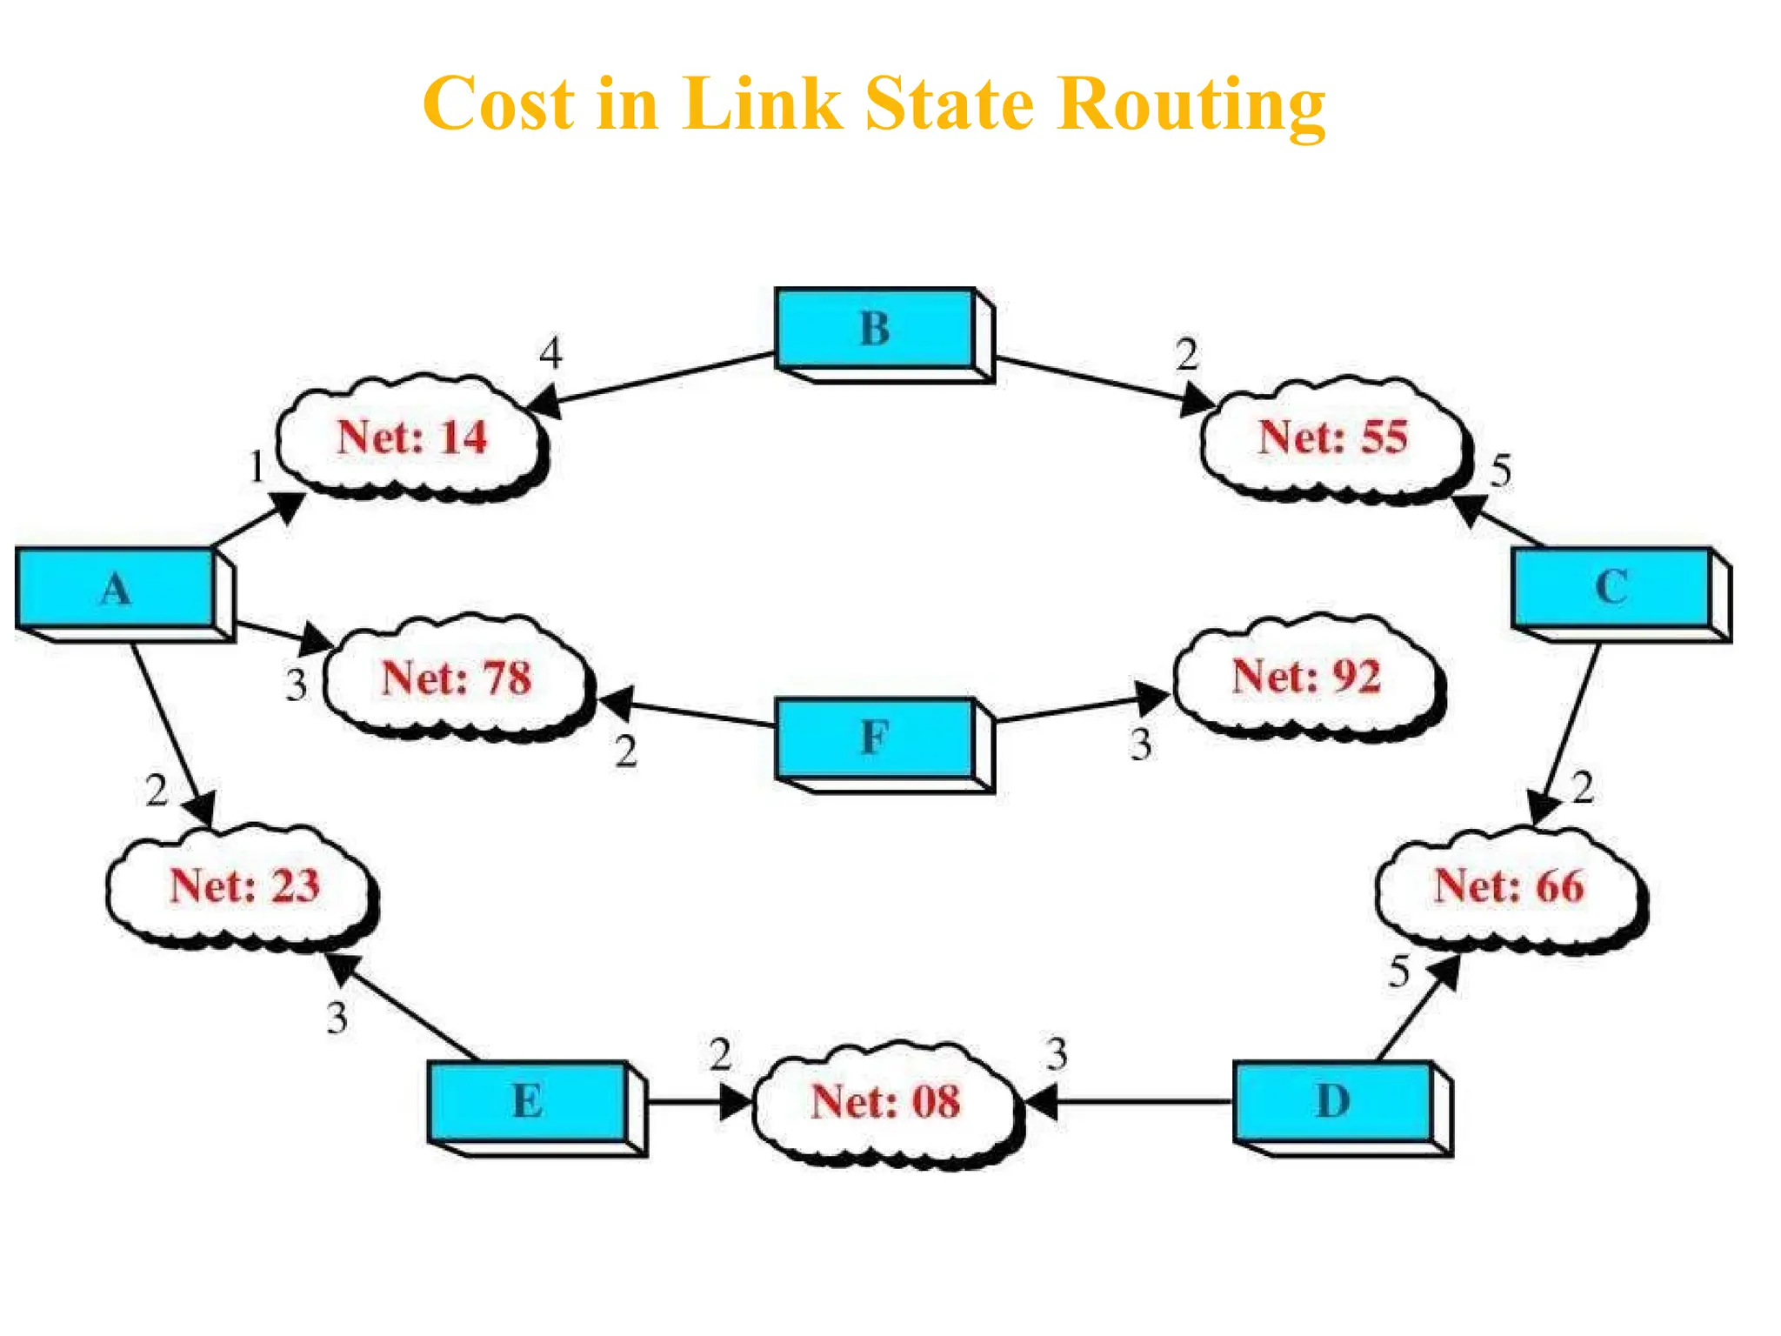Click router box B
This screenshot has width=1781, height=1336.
click(875, 329)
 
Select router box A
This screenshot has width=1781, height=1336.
click(116, 588)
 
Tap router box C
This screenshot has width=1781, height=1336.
click(1611, 587)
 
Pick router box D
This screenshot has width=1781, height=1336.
click(1333, 1101)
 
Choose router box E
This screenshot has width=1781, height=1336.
click(528, 1101)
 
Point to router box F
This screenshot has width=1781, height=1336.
click(875, 738)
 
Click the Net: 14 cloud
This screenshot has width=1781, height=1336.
click(412, 438)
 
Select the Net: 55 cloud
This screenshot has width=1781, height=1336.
click(1333, 438)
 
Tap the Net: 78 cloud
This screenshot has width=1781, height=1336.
click(457, 678)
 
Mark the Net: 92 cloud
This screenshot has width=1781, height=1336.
click(1307, 677)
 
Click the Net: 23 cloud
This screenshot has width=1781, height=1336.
click(244, 886)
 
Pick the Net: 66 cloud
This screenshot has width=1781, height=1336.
click(1509, 886)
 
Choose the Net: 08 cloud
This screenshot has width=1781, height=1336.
click(885, 1101)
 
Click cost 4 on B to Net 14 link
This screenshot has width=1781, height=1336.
click(550, 353)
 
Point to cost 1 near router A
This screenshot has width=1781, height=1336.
click(257, 467)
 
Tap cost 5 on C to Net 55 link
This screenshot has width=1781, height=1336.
click(1501, 471)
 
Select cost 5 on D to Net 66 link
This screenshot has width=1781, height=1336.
click(1398, 972)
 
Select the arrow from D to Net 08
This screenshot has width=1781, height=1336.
click(1131, 1102)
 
